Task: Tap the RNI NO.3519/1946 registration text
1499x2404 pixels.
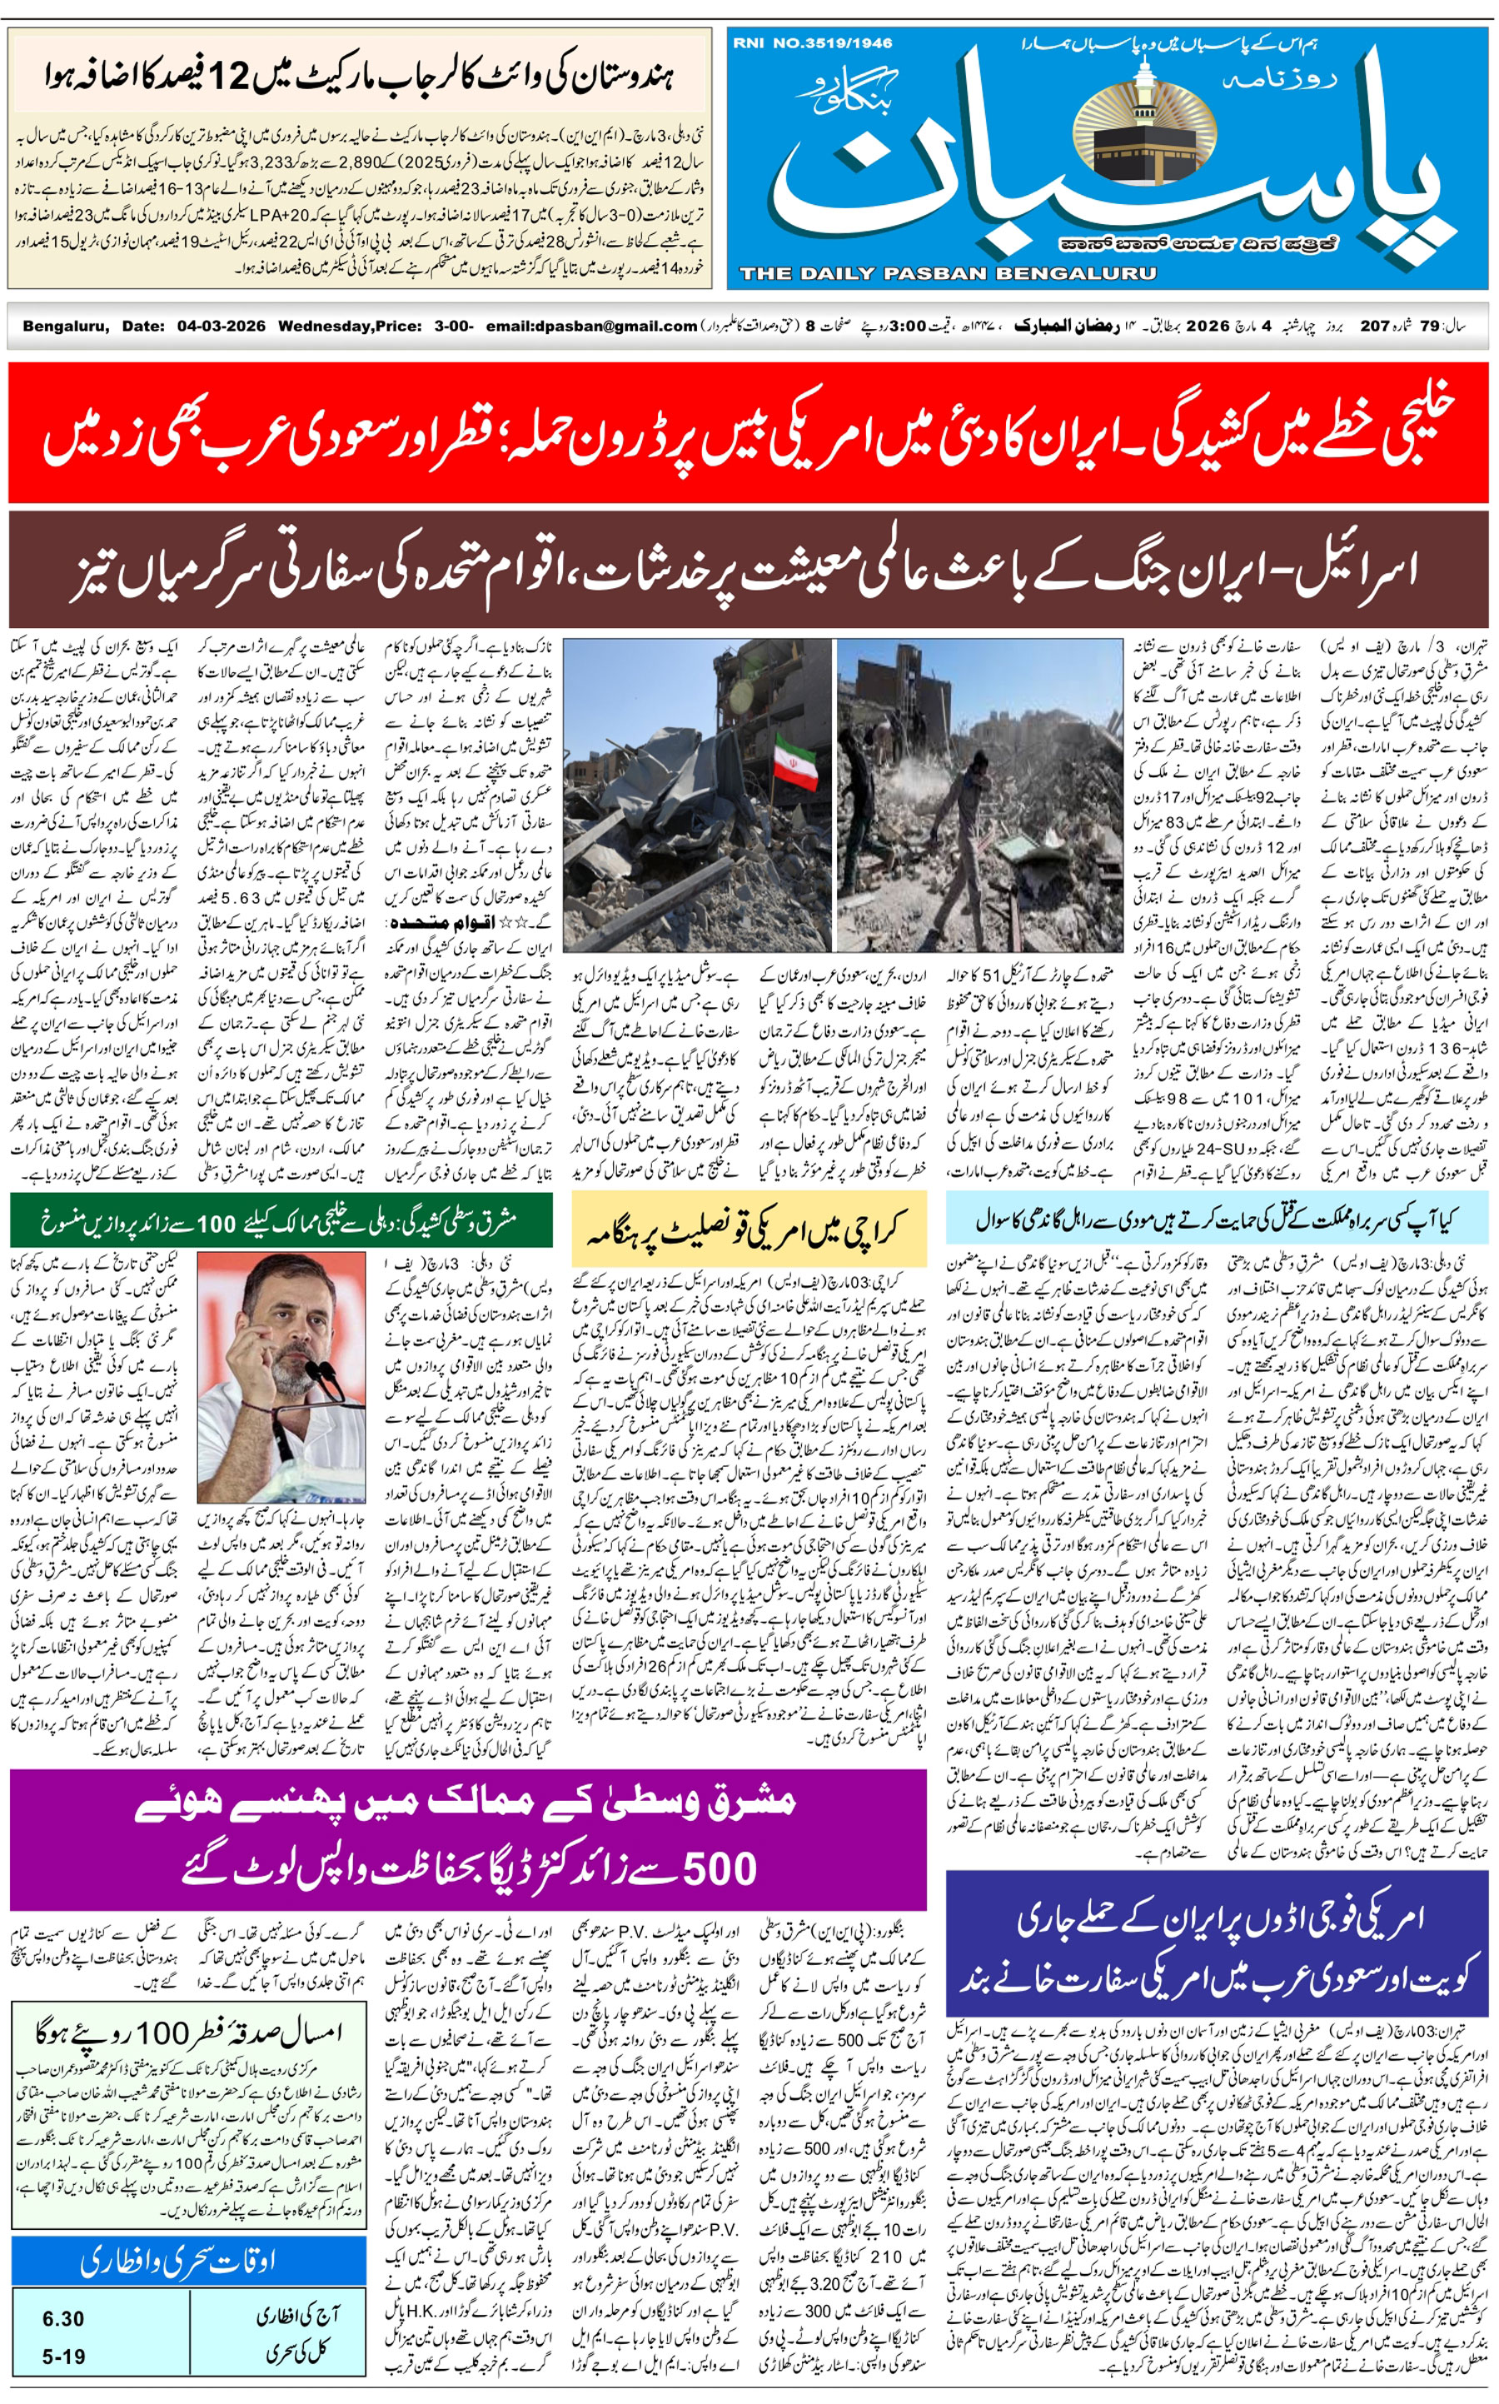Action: (812, 42)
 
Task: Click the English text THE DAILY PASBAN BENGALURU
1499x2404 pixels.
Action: (947, 273)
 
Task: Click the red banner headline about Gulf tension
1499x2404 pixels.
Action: (749, 433)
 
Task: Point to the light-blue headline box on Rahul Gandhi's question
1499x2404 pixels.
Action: (1216, 1219)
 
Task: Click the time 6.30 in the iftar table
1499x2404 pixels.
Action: (62, 2319)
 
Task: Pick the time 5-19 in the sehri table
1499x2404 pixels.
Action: (62, 2357)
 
